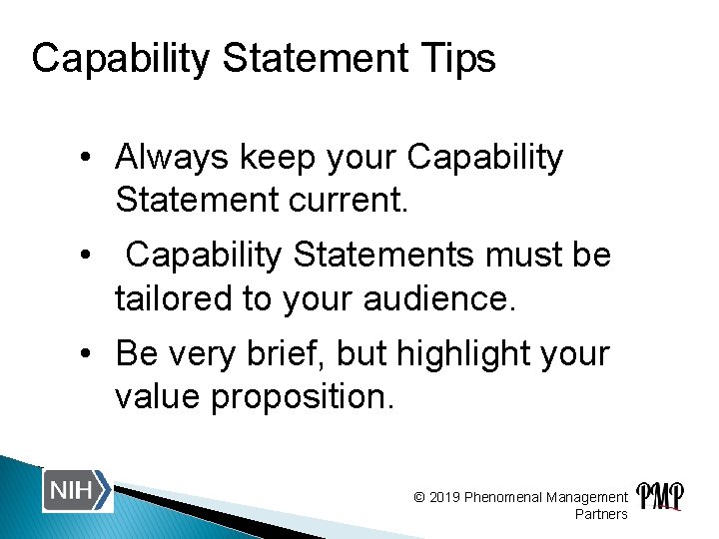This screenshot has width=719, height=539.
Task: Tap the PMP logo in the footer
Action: (x=660, y=496)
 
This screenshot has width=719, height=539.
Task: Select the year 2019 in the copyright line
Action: (x=445, y=497)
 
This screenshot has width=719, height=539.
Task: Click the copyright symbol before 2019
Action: (x=419, y=497)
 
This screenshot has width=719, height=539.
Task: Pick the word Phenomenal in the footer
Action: (x=503, y=497)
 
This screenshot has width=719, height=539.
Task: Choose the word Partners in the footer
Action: (x=601, y=514)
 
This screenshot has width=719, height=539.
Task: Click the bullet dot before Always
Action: (x=89, y=159)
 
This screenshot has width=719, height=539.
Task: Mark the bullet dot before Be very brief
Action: (x=89, y=354)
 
